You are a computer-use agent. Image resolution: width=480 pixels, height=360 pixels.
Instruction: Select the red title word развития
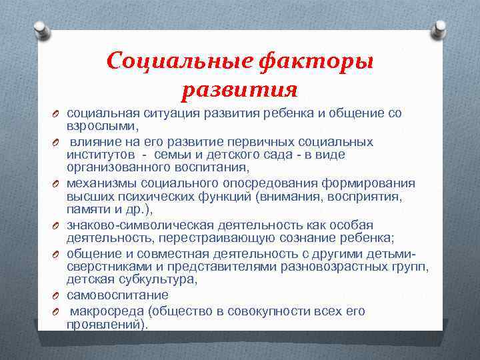(239, 89)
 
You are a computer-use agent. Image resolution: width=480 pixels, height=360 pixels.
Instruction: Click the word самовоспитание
(117, 295)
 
